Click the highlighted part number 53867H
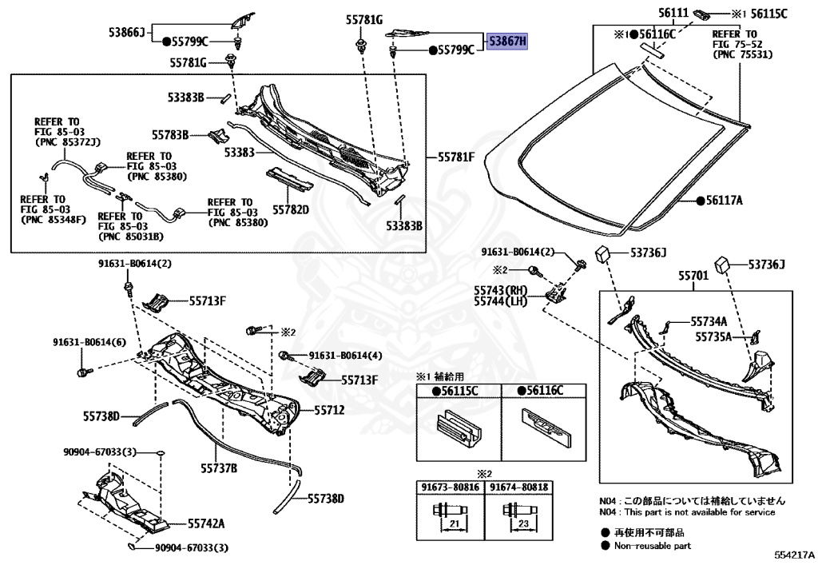508,41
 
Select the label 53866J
127,32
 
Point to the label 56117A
725,201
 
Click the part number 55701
694,276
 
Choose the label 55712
328,410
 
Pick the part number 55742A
206,524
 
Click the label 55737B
219,468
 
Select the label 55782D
291,209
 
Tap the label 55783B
170,135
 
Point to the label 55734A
709,320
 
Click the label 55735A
713,337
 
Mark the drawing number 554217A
793,555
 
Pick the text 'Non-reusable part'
652,546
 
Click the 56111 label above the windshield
673,14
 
